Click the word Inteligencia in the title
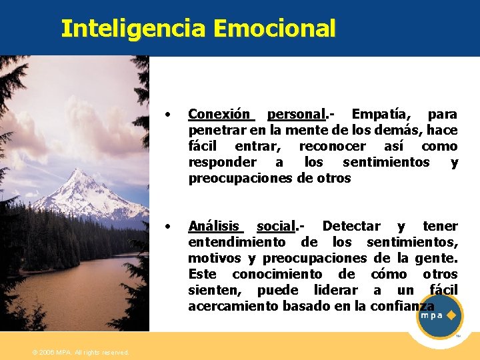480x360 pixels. pos(135,29)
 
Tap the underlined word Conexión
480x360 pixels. pos(219,114)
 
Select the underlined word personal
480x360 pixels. pos(296,114)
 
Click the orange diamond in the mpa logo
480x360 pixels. pos(451,315)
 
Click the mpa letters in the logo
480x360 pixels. pos(431,316)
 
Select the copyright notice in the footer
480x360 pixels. pos(81,352)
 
